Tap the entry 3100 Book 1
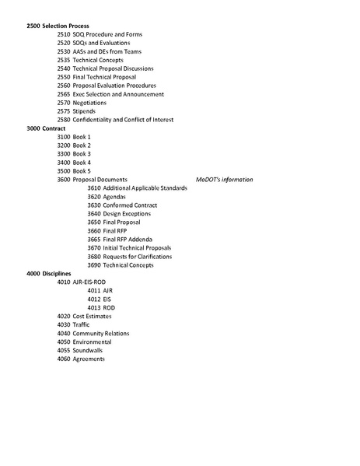click(x=74, y=137)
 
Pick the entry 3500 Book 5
click(x=74, y=171)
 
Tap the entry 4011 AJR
click(x=100, y=291)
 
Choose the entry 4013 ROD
click(x=101, y=308)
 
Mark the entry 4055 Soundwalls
click(x=81, y=351)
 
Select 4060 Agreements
click(x=82, y=359)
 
